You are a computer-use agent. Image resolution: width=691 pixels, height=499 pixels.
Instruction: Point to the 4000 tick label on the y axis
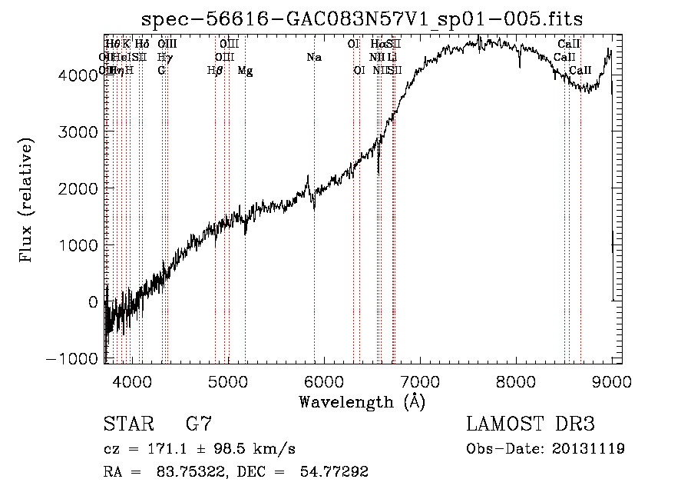80,75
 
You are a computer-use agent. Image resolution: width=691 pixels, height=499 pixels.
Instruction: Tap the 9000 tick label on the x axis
611,381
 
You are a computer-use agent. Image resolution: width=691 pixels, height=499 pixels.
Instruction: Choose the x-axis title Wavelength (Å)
362,401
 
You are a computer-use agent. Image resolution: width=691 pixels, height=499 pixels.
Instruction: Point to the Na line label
314,57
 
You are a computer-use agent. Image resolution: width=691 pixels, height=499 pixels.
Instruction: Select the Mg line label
245,71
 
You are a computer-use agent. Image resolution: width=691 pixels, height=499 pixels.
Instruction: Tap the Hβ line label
215,71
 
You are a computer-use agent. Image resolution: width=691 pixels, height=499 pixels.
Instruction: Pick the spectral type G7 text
199,424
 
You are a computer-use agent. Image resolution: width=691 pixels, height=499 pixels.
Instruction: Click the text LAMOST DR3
530,424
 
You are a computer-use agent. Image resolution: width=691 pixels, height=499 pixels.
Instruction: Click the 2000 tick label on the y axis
80,188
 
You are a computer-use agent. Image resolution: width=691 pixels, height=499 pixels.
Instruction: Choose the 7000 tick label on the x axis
420,381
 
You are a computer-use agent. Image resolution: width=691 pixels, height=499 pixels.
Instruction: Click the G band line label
161,71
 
